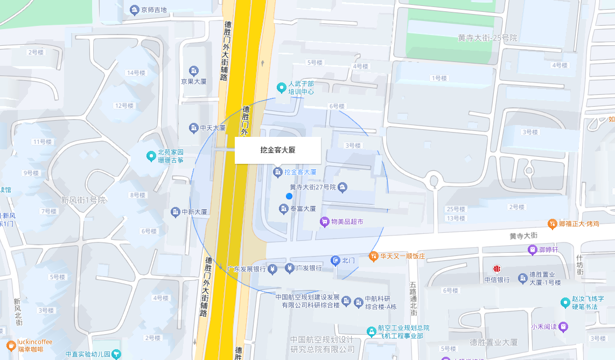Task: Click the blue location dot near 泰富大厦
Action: [x=289, y=196]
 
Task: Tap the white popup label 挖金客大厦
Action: [x=278, y=150]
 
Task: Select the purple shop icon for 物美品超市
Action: [x=324, y=221]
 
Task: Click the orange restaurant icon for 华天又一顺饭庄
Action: [x=373, y=256]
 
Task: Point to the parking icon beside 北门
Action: [x=335, y=261]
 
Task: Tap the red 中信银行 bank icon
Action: [x=497, y=268]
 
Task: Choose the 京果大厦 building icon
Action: [x=194, y=71]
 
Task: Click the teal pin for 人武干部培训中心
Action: [x=281, y=87]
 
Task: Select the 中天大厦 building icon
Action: [x=194, y=128]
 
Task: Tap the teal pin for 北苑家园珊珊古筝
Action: [x=151, y=156]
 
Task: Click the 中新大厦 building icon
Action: [x=176, y=212]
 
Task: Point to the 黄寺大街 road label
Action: [x=523, y=236]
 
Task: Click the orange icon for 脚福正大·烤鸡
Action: [x=552, y=223]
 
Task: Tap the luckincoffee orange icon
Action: [x=11, y=345]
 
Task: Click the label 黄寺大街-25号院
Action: [x=487, y=38]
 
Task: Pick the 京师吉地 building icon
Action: [x=134, y=10]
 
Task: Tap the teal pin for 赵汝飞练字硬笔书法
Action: [x=565, y=302]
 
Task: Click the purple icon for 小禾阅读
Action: [x=563, y=326]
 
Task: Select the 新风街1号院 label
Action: [x=83, y=200]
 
